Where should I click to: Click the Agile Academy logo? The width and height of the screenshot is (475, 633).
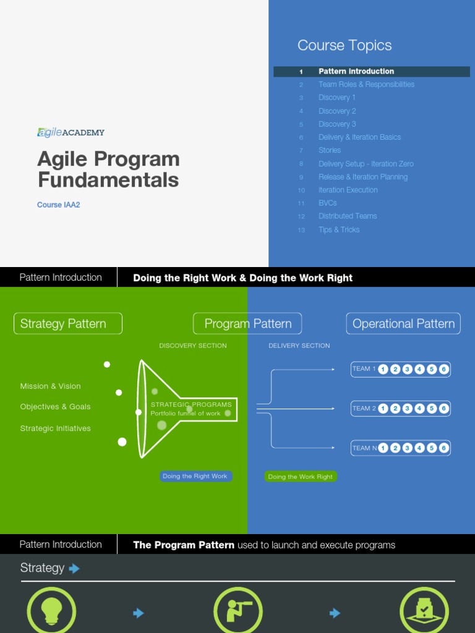71,132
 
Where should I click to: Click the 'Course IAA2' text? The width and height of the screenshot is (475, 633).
59,205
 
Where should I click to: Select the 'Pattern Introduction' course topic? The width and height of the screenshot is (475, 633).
356,72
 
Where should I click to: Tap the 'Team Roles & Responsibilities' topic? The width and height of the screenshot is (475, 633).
366,85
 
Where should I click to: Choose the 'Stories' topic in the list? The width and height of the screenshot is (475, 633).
330,150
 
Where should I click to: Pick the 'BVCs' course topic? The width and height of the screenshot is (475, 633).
328,203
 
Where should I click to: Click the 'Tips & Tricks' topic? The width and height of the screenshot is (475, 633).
339,229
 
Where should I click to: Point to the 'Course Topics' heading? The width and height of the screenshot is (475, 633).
344,46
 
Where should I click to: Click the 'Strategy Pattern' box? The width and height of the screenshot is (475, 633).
68,324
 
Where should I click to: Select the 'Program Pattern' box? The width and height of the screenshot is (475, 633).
247,324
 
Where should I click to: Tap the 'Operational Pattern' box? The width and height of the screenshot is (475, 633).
403,324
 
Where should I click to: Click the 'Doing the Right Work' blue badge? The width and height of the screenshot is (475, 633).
195,477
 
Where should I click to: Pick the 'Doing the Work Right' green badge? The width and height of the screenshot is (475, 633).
301,477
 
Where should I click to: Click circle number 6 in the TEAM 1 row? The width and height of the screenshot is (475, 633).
443,370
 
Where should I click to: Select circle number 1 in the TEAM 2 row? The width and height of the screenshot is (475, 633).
383,409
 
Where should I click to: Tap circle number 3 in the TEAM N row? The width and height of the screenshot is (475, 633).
407,448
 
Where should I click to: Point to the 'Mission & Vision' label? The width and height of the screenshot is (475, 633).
51,386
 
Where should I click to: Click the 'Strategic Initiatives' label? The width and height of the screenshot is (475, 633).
56,428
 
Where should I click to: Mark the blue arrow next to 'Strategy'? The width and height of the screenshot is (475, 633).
74,568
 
